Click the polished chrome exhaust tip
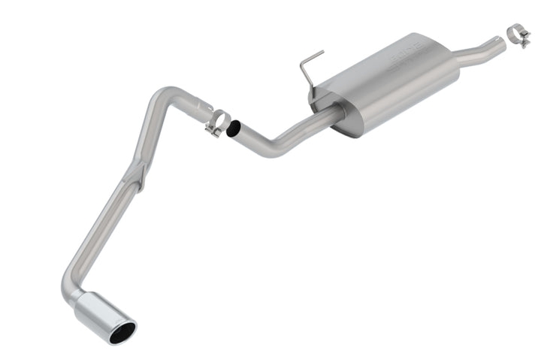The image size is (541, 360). [101, 313]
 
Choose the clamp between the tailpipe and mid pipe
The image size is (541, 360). [217, 123]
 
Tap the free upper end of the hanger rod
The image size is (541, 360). [322, 52]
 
